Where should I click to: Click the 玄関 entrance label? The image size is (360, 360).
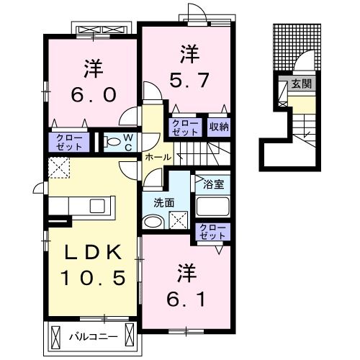(302, 84)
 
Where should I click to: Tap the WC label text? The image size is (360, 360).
(128, 143)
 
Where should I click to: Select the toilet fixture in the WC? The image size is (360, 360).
(112, 142)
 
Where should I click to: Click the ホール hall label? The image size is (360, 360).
(158, 157)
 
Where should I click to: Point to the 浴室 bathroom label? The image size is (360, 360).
(213, 184)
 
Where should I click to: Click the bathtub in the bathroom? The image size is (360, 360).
(213, 206)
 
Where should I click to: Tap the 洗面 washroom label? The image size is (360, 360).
(164, 203)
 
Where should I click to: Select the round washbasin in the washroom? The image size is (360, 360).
(153, 222)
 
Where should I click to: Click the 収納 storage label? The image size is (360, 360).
(219, 127)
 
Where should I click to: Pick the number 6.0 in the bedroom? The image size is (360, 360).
(94, 94)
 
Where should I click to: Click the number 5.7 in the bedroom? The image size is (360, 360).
(189, 81)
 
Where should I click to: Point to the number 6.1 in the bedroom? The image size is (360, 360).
(186, 299)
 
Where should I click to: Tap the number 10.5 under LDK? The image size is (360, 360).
(93, 278)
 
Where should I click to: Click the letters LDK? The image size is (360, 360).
(94, 252)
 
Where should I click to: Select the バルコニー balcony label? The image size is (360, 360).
(94, 337)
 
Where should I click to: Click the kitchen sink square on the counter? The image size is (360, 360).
(97, 206)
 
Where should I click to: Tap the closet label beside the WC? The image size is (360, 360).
(69, 143)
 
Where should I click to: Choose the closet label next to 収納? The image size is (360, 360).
(185, 127)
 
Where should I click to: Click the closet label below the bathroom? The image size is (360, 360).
(212, 232)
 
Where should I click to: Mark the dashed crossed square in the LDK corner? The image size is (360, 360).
(59, 168)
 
